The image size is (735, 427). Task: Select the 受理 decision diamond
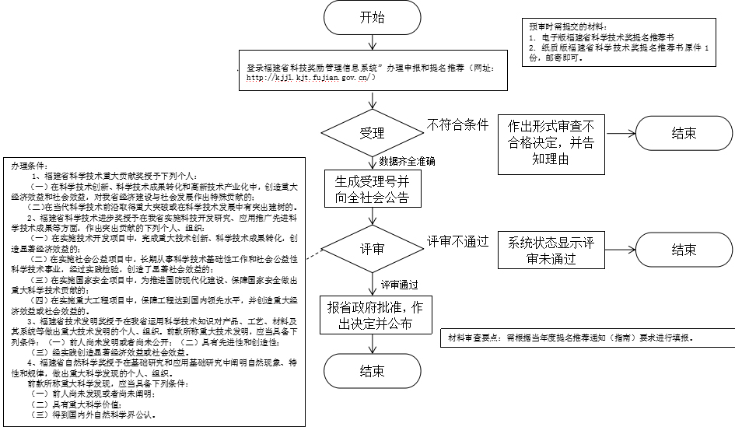click(x=372, y=132)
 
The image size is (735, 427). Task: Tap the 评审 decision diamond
click(x=372, y=249)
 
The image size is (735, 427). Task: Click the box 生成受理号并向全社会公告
click(x=372, y=189)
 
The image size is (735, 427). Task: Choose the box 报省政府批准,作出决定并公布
click(x=372, y=314)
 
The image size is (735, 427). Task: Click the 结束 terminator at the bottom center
click(x=372, y=371)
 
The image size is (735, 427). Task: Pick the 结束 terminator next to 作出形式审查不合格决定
click(x=684, y=133)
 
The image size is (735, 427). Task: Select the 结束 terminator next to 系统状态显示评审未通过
click(x=684, y=249)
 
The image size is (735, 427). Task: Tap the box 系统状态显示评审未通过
click(x=551, y=250)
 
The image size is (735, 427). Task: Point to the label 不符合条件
click(x=457, y=124)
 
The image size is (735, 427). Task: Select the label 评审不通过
click(x=457, y=242)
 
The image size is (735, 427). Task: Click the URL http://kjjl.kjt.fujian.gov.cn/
click(x=311, y=78)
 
